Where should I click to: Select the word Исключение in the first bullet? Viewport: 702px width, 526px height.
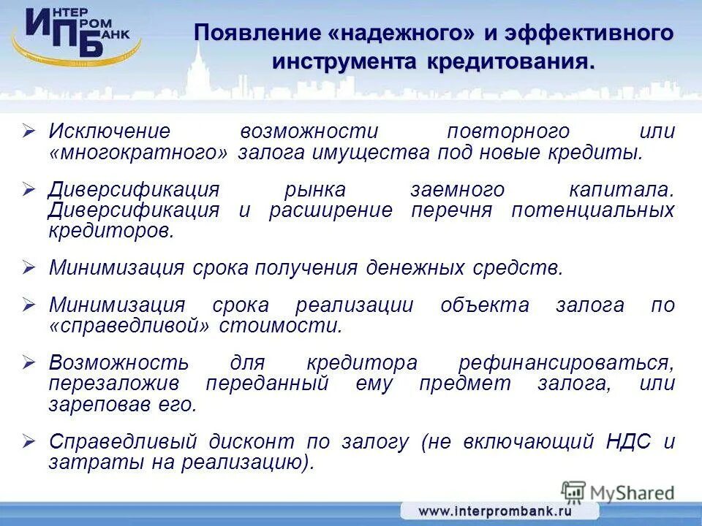tap(109, 131)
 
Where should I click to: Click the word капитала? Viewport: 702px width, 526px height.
tap(621, 190)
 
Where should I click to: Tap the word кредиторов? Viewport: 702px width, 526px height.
tap(112, 232)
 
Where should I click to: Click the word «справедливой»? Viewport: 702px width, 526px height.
tap(133, 326)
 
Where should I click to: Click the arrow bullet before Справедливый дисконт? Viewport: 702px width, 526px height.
tap(29, 441)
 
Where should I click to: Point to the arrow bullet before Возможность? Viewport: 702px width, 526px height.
tap(29, 362)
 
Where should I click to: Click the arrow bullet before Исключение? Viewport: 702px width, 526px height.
tap(29, 131)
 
